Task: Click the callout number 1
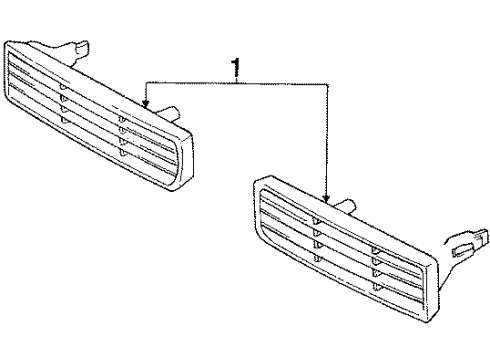coord(235,68)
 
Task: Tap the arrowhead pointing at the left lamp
coord(146,101)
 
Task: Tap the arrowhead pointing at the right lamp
coord(328,197)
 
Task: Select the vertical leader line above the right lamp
coord(328,140)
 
